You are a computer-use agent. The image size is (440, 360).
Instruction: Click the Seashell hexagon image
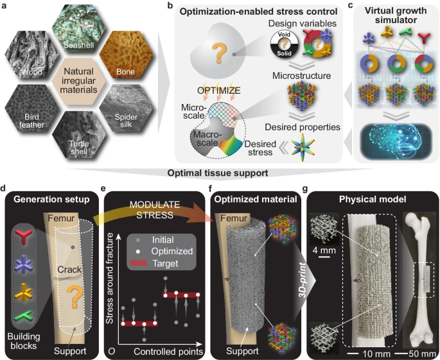tap(79, 29)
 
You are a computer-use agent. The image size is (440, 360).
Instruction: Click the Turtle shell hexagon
tap(79, 135)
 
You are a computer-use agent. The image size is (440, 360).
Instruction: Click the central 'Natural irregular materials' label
tap(79, 81)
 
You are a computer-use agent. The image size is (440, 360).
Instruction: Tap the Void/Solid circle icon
tap(285, 44)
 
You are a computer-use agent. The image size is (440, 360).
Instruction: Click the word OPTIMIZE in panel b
tap(219, 90)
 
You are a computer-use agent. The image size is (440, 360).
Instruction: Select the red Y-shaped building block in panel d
tap(24, 236)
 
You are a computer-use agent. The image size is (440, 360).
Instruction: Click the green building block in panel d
tap(24, 317)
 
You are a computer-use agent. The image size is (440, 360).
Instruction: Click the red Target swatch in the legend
tap(139, 263)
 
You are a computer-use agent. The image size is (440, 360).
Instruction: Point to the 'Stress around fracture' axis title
tap(109, 279)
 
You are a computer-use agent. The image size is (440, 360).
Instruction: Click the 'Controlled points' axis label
tap(168, 352)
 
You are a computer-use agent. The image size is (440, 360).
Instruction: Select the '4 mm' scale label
tap(324, 250)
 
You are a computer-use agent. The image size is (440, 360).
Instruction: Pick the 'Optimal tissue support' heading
tap(218, 173)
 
